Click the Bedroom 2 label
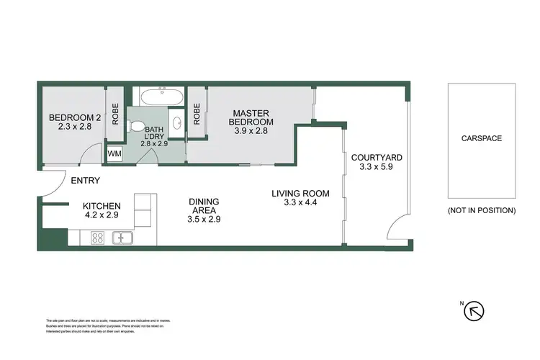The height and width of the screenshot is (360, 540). [73, 118]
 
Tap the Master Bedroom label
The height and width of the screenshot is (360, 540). [252, 117]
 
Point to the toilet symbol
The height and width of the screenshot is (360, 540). [136, 126]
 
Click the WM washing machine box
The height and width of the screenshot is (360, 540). [114, 154]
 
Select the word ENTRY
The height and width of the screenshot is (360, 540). [85, 181]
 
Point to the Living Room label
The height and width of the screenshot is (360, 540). [300, 193]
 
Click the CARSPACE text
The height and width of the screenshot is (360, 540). [482, 138]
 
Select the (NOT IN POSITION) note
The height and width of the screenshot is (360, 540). [482, 210]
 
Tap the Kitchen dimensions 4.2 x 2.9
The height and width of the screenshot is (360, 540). [102, 215]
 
